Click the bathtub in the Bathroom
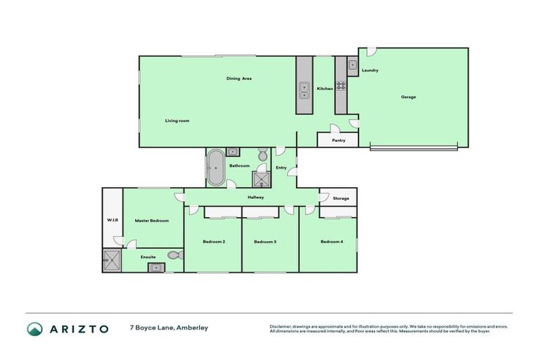(215, 169)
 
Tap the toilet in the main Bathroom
(262, 154)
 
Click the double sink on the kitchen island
(304, 90)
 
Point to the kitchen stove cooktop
(340, 86)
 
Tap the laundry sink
(353, 65)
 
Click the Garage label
(408, 97)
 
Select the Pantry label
(338, 141)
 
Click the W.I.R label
(112, 220)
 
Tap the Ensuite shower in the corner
(111, 261)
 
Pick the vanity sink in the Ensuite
(159, 267)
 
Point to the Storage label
(341, 199)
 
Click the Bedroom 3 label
(264, 242)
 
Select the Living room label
(177, 121)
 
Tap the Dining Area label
(238, 78)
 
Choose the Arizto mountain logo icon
(35, 329)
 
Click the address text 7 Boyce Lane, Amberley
(169, 328)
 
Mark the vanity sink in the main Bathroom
(233, 151)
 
